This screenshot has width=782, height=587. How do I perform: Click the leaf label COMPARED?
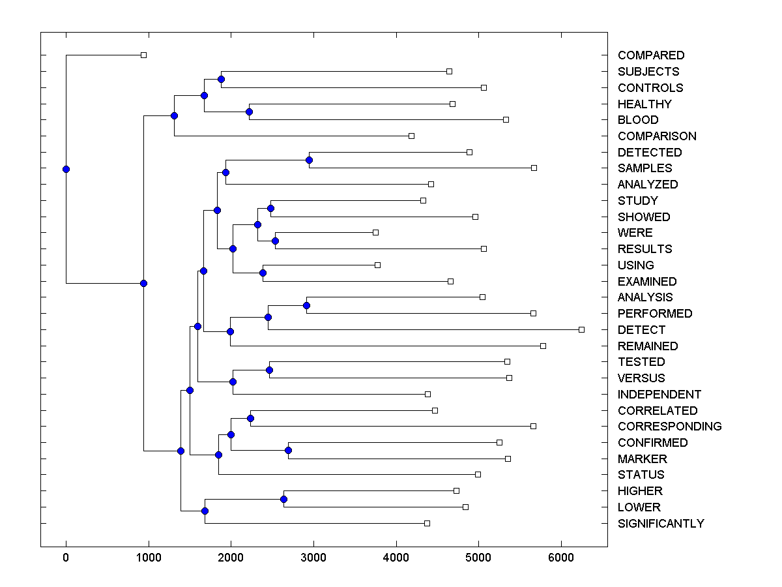[651, 55]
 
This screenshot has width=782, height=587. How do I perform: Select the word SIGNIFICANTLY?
[661, 524]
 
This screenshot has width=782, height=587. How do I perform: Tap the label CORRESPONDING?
[669, 427]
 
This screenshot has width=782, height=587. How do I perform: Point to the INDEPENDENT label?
[659, 395]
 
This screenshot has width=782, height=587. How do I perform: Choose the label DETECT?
[641, 330]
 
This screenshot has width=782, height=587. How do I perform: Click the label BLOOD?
[638, 120]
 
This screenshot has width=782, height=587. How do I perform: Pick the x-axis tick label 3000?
[313, 557]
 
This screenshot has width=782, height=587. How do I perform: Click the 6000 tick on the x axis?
[561, 557]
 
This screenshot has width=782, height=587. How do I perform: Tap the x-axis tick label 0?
[66, 557]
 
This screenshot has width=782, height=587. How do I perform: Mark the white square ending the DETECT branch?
[582, 329]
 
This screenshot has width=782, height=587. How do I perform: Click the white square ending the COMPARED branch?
[144, 55]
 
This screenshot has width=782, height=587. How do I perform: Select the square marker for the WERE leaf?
[375, 232]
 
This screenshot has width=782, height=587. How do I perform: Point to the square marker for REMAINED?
[543, 346]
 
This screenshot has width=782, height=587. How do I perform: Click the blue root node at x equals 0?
[66, 169]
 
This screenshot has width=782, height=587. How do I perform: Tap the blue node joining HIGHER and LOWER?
[283, 499]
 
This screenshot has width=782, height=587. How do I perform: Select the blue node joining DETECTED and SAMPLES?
[310, 160]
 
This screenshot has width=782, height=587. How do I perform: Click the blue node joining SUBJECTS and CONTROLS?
[221, 79]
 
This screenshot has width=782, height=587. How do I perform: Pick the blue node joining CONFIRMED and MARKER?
[289, 450]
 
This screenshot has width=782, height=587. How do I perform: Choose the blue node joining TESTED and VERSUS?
[270, 370]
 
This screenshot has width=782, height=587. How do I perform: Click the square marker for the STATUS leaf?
[478, 474]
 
